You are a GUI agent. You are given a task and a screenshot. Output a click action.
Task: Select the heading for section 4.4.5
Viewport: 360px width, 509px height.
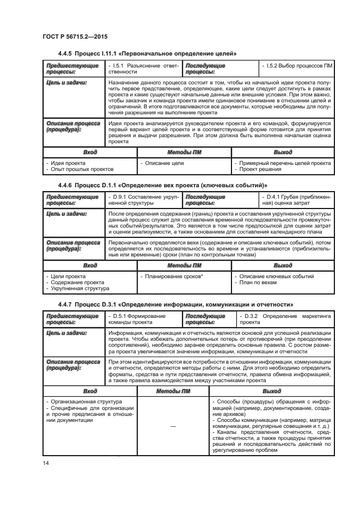[147, 53]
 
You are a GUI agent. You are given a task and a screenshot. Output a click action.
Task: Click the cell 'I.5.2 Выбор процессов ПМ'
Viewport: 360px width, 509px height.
[296, 66]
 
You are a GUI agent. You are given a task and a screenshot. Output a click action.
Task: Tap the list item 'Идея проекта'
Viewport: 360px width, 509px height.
[66, 163]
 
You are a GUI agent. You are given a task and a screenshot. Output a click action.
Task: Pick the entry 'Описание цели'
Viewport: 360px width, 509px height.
[164, 163]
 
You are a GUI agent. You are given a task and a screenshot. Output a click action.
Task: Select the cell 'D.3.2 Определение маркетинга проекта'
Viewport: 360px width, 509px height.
[285, 319]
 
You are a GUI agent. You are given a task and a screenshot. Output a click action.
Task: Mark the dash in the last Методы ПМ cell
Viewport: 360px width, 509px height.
[172, 426]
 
